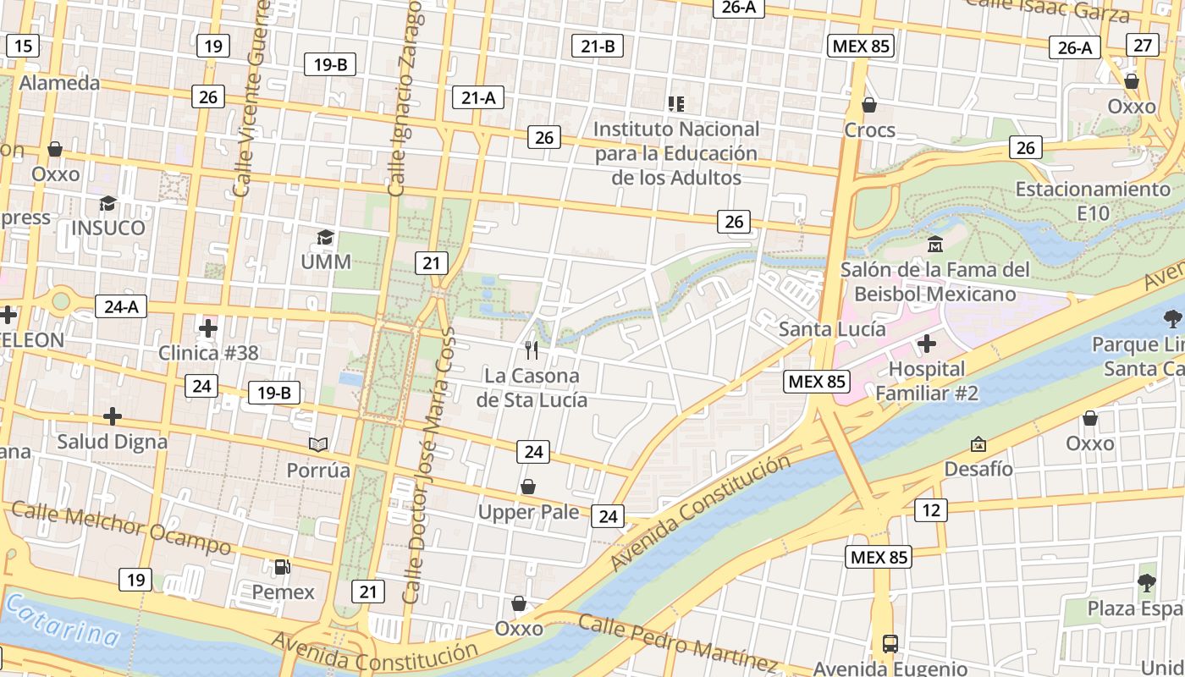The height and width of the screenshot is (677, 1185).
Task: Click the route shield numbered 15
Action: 23,46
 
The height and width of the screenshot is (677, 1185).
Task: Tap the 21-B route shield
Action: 598,46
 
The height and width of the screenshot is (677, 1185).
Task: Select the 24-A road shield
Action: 121,306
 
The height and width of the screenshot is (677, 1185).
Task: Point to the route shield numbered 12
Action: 930,509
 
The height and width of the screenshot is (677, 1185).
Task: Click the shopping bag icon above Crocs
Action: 868,105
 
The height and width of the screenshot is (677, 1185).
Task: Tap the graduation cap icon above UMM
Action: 325,237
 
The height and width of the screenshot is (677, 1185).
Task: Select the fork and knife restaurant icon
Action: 532,350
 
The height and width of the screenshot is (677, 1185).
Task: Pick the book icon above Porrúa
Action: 318,444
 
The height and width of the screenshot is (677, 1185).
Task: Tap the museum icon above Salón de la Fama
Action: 934,245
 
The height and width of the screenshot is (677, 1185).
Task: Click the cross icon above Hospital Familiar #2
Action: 927,344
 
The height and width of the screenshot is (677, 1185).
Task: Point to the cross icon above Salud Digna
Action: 113,416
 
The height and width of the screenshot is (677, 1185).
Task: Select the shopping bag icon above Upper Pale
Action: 528,487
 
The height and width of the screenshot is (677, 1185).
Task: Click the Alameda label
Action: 59,83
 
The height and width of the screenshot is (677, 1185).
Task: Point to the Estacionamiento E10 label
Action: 1092,201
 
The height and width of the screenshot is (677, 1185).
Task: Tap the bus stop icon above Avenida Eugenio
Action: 890,643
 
